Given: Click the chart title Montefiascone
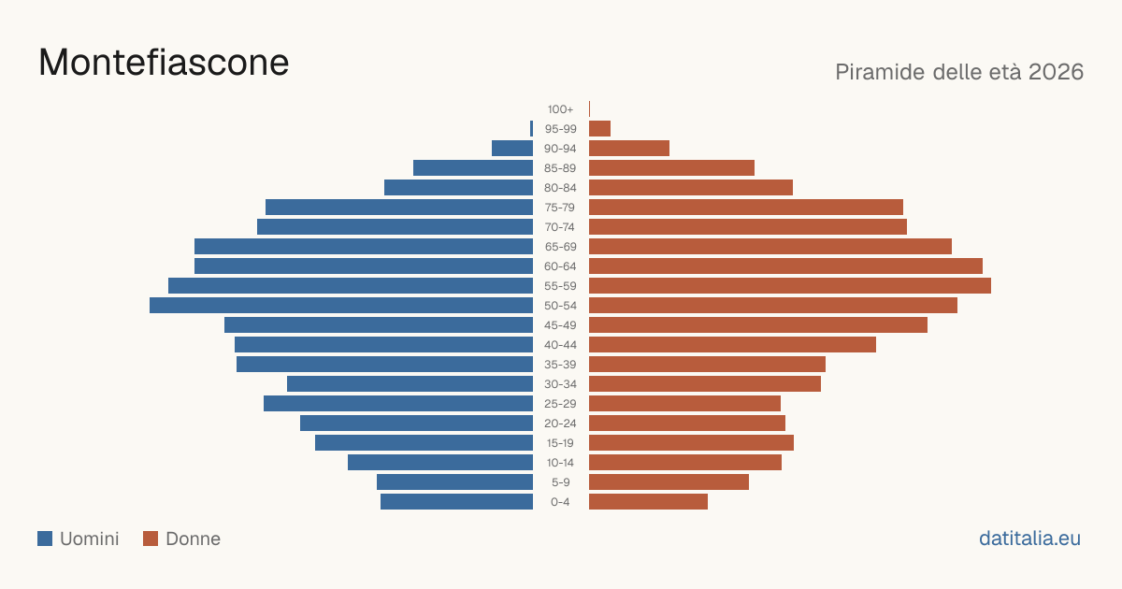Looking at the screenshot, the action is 164,63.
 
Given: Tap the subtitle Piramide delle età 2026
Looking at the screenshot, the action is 959,72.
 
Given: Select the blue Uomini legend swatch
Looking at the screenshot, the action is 45,539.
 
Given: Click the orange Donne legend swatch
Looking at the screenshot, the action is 151,539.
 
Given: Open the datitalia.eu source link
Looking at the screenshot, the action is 1029,539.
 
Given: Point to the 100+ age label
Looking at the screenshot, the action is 560,109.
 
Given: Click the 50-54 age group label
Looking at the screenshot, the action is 560,306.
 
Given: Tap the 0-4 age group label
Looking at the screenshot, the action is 560,502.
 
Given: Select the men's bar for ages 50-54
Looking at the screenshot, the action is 341,306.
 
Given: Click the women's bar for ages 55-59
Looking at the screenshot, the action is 790,286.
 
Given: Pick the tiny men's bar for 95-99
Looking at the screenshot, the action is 531,129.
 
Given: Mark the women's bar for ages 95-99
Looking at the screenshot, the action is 599,129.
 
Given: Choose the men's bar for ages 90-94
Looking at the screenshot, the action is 512,149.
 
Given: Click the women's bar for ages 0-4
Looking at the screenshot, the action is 648,502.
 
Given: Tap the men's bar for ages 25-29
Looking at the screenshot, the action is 398,404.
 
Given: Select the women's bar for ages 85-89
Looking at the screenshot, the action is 671,167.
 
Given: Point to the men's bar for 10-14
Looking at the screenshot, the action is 440,462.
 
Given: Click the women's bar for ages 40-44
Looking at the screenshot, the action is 732,345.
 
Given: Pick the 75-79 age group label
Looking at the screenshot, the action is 560,208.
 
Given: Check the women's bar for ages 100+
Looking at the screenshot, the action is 590,109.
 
